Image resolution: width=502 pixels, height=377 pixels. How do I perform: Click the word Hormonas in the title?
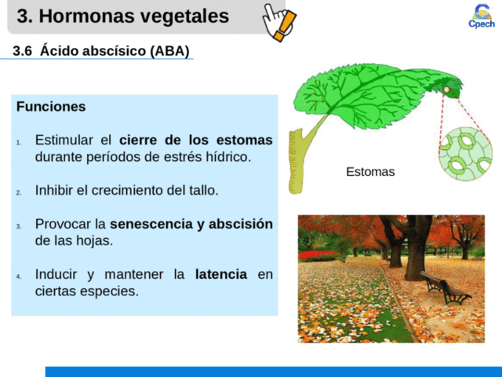[x=93, y=16]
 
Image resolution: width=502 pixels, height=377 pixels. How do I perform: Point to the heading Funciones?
[x=51, y=106]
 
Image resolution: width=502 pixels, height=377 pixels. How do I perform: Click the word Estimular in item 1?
[x=62, y=140]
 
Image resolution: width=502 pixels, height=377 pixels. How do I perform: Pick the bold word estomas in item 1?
[x=247, y=140]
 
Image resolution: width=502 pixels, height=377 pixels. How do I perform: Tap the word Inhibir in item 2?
[x=55, y=190]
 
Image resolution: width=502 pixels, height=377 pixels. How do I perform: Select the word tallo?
[x=202, y=190]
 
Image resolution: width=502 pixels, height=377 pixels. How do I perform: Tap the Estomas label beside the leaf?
[x=370, y=172]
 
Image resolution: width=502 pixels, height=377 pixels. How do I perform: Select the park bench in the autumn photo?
[x=444, y=288]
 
